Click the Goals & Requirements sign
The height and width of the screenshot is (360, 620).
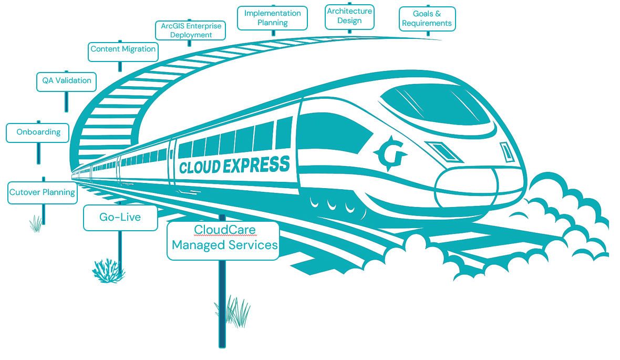pyautogui.click(x=427, y=19)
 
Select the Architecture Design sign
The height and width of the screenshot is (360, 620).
pyautogui.click(x=349, y=16)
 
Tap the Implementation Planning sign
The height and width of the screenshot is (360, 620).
pyautogui.click(x=272, y=18)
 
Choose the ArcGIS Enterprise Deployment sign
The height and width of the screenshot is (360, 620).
pyautogui.click(x=191, y=30)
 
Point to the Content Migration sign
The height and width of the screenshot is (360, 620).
pyautogui.click(x=123, y=49)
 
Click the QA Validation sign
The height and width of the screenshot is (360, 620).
pyautogui.click(x=67, y=81)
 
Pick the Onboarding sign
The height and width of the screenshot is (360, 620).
pyautogui.click(x=38, y=132)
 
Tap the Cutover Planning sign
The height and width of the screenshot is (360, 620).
pyautogui.click(x=42, y=192)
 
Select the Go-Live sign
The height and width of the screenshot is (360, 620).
pyautogui.click(x=120, y=217)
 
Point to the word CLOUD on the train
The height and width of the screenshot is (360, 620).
pyautogui.click(x=199, y=168)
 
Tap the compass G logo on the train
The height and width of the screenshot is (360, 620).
pyautogui.click(x=390, y=153)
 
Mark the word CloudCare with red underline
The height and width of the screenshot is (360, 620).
pyautogui.click(x=224, y=230)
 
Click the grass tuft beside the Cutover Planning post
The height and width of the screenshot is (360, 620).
pyautogui.click(x=36, y=224)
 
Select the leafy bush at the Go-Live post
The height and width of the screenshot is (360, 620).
pyautogui.click(x=108, y=270)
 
